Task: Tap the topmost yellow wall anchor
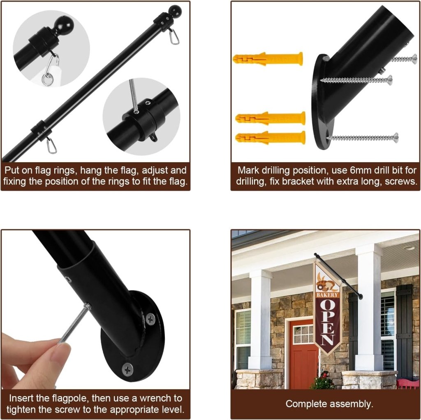coord(268,59)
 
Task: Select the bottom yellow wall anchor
coord(271,138)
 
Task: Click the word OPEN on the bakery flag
coord(328,323)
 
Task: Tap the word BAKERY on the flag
coord(327,295)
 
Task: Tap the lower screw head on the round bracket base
coord(127,370)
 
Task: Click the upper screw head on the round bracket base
coord(150,319)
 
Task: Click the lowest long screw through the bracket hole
coord(363,138)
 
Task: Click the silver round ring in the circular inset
coord(47,79)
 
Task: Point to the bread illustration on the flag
coord(326,285)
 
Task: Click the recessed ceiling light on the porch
coord(409,247)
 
